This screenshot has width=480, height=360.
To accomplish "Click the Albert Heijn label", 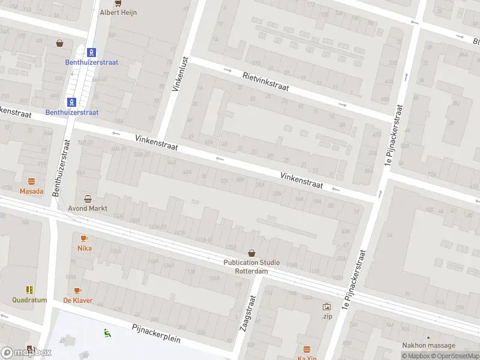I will coord(118,12).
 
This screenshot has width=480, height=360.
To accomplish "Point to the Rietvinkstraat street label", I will coord(266,81).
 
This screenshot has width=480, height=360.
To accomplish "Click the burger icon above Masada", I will coord(31,181).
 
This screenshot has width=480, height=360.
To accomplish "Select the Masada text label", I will coord(31,191).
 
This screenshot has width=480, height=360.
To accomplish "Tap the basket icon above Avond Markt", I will coord(88,199).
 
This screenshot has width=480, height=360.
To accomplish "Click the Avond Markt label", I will coord(88,209).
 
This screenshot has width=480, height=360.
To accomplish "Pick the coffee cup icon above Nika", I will coord(84,238).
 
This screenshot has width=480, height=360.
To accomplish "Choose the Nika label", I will coord(84,248).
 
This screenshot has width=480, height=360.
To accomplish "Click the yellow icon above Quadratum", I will coord(29,290).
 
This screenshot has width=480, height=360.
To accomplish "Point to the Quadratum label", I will coord(29,300).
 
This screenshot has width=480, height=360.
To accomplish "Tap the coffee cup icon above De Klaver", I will coord(77,290).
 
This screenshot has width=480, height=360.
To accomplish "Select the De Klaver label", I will coord(77,300).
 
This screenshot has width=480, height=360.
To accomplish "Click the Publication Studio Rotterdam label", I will coord(246,266).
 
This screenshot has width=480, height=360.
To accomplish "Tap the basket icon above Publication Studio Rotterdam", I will coord(251,253).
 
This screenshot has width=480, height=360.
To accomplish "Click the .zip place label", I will coord(326,316).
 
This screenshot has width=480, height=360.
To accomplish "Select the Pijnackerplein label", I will coord(156,333).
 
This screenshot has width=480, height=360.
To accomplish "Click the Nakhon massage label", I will coord(428,346).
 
